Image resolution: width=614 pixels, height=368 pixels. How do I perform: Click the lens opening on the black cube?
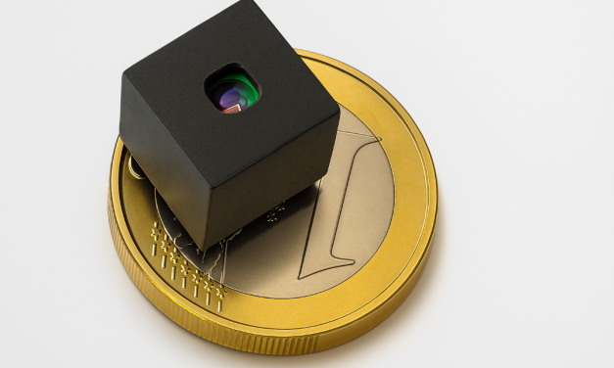pos(233,92)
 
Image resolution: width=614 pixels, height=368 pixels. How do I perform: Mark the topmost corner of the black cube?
pos(235,2)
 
